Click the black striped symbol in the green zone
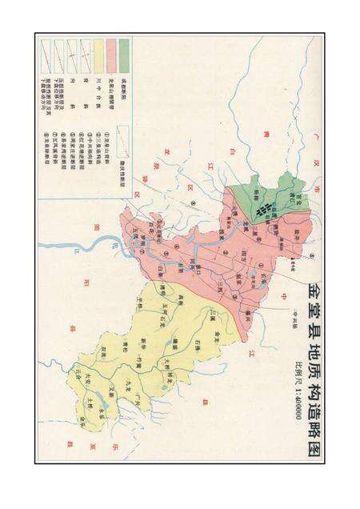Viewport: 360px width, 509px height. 262,210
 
